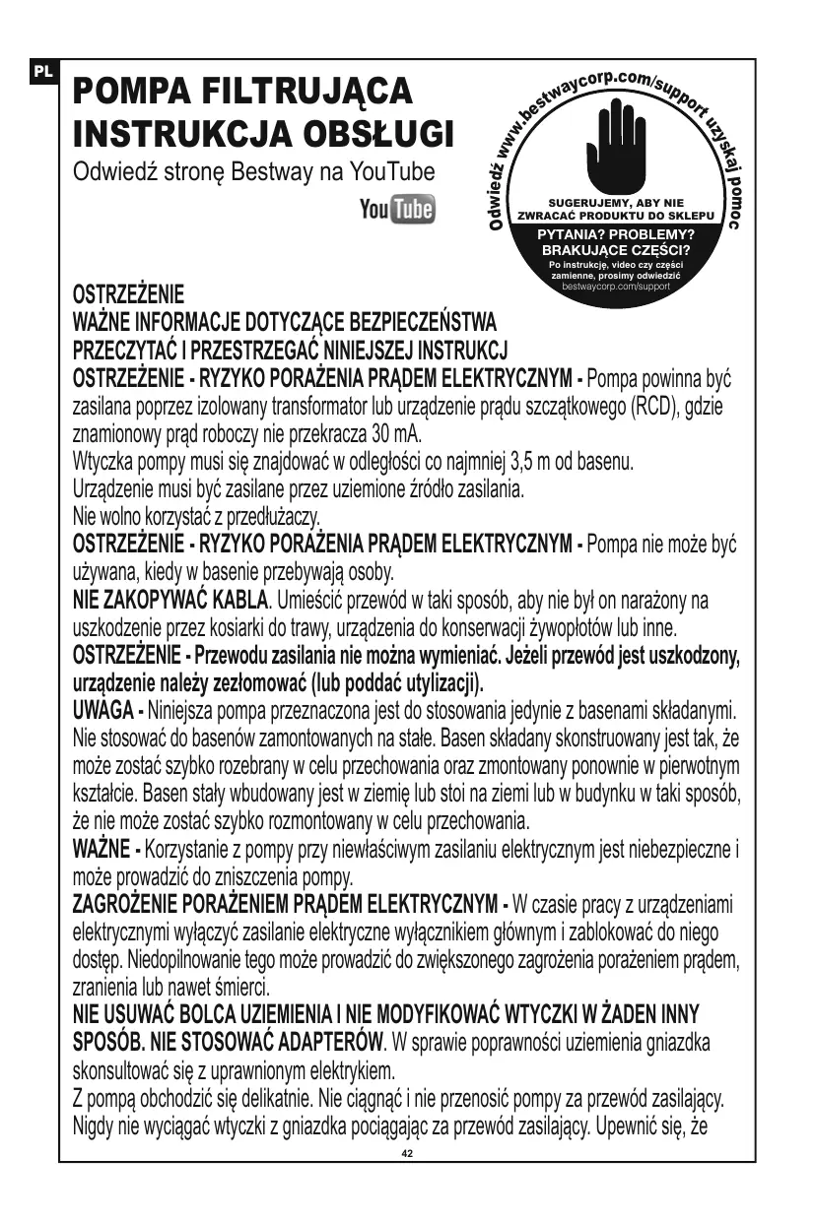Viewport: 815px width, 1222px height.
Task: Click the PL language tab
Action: pyautogui.click(x=45, y=71)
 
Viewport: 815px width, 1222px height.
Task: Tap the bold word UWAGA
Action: pyautogui.click(x=106, y=708)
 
